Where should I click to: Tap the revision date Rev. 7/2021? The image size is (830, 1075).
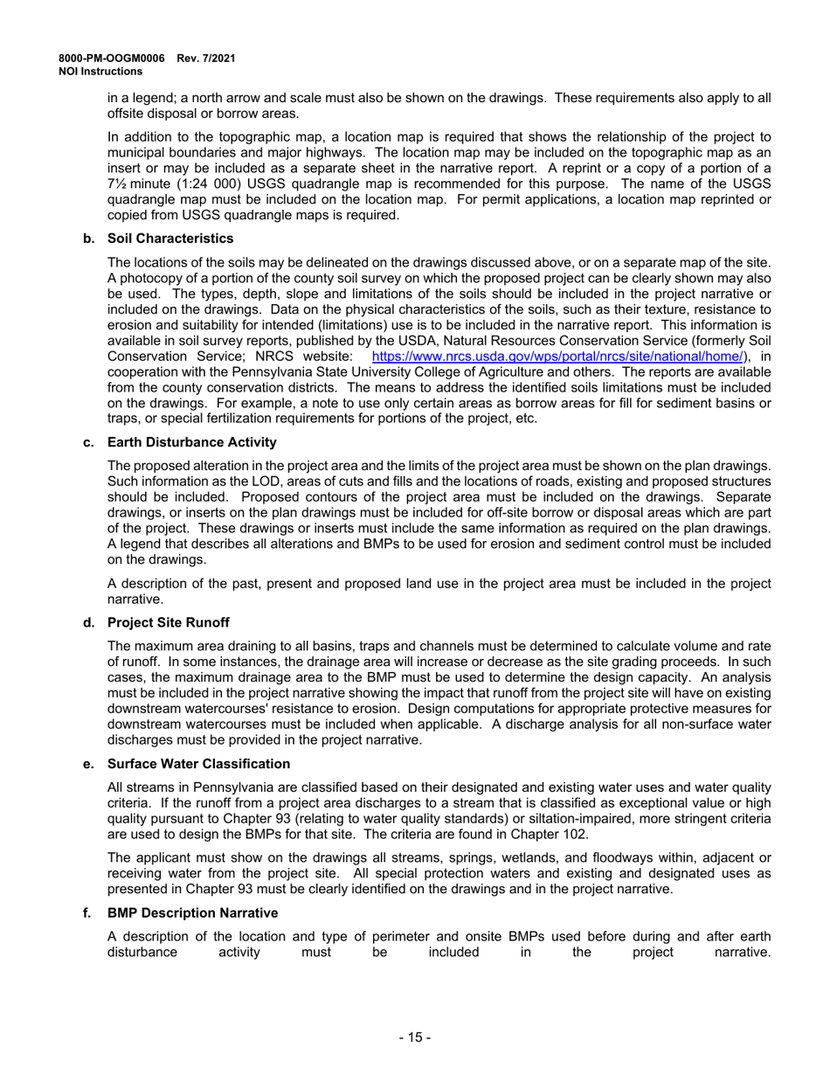tap(206, 59)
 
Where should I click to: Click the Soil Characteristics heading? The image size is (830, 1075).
tap(170, 239)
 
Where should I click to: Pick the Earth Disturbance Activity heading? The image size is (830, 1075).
tap(192, 442)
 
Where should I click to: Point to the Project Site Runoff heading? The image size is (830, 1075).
tap(169, 622)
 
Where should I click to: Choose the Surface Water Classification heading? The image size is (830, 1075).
tap(199, 764)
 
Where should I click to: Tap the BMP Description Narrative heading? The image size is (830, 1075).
tap(193, 912)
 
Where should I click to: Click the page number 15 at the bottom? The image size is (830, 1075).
tap(415, 1037)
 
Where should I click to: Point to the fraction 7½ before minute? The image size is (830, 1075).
tap(117, 184)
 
